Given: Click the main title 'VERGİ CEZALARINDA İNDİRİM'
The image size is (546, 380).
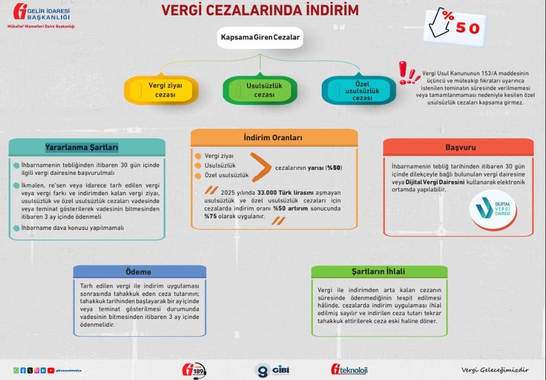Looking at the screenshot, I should point(260,10).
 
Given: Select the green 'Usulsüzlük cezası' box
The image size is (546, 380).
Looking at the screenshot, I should point(260,90).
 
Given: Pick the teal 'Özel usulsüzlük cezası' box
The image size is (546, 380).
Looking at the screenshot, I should point(359,90).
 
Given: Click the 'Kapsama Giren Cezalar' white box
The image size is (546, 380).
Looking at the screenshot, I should point(260,38).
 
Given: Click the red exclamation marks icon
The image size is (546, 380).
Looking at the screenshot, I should point(409,73).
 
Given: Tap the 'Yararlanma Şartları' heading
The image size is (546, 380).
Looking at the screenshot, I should point(82,147).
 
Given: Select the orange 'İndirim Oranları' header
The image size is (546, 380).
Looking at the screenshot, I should point(273,137).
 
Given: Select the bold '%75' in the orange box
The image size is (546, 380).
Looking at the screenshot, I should point(211,217).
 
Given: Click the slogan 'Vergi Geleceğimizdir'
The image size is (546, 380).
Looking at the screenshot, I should point(495,370).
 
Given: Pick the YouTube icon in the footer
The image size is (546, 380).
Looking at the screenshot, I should point(51,371).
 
